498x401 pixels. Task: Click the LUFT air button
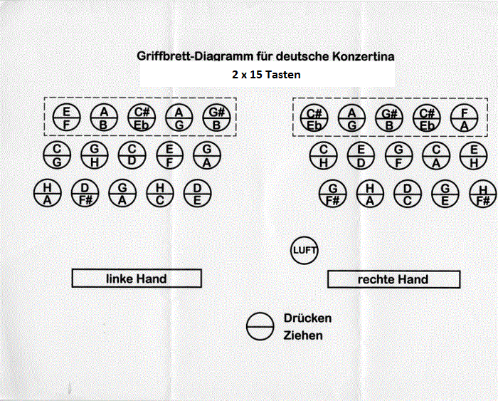click(x=304, y=251)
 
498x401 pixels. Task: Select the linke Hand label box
click(x=137, y=278)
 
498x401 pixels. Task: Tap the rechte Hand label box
click(x=393, y=279)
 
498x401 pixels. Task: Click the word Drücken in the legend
click(x=307, y=318)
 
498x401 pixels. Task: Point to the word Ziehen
click(x=303, y=335)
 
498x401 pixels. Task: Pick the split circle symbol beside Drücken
click(x=260, y=326)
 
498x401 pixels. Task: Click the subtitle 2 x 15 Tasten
click(x=267, y=74)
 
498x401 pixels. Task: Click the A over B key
click(x=104, y=118)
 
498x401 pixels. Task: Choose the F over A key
click(x=465, y=118)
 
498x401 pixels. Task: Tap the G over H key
click(x=94, y=156)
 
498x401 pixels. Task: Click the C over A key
click(x=435, y=156)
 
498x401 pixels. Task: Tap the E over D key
click(x=361, y=156)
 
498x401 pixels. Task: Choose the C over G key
click(x=56, y=156)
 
